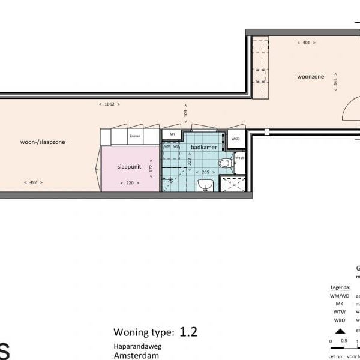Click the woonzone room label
(x=310, y=77)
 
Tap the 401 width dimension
(x=307, y=43)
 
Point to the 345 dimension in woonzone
(x=335, y=83)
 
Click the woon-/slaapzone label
(x=43, y=142)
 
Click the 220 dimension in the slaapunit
(x=130, y=183)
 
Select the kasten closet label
(x=135, y=137)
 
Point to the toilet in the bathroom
(x=226, y=162)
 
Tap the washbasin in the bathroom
(x=205, y=185)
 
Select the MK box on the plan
(x=172, y=134)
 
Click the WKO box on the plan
(x=236, y=139)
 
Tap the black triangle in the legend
(x=340, y=331)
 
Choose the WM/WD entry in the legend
(x=339, y=296)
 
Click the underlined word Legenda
(x=340, y=287)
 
